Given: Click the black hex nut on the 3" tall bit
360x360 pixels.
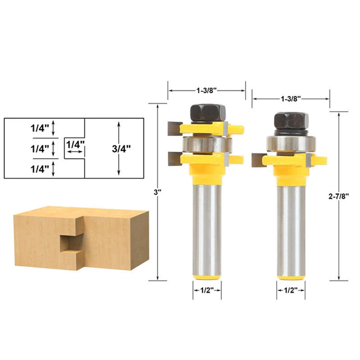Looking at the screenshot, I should coord(207,112).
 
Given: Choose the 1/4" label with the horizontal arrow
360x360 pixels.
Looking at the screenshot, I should coord(75,145).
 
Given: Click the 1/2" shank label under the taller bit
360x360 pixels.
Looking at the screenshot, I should coord(207,291).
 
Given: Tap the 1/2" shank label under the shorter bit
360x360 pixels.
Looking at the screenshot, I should coord(291,291).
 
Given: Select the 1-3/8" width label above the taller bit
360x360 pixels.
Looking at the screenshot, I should coord(207,90).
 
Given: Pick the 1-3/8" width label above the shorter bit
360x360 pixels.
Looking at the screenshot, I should coord(291,98).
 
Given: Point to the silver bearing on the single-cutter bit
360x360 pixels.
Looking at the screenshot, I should coord(291,143).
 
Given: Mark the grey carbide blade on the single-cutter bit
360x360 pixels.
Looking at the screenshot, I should coord(258,159).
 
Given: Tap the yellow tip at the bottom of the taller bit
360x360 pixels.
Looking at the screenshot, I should coord(207,275).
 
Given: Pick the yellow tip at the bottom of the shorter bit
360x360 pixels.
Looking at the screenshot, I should coord(291,276).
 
